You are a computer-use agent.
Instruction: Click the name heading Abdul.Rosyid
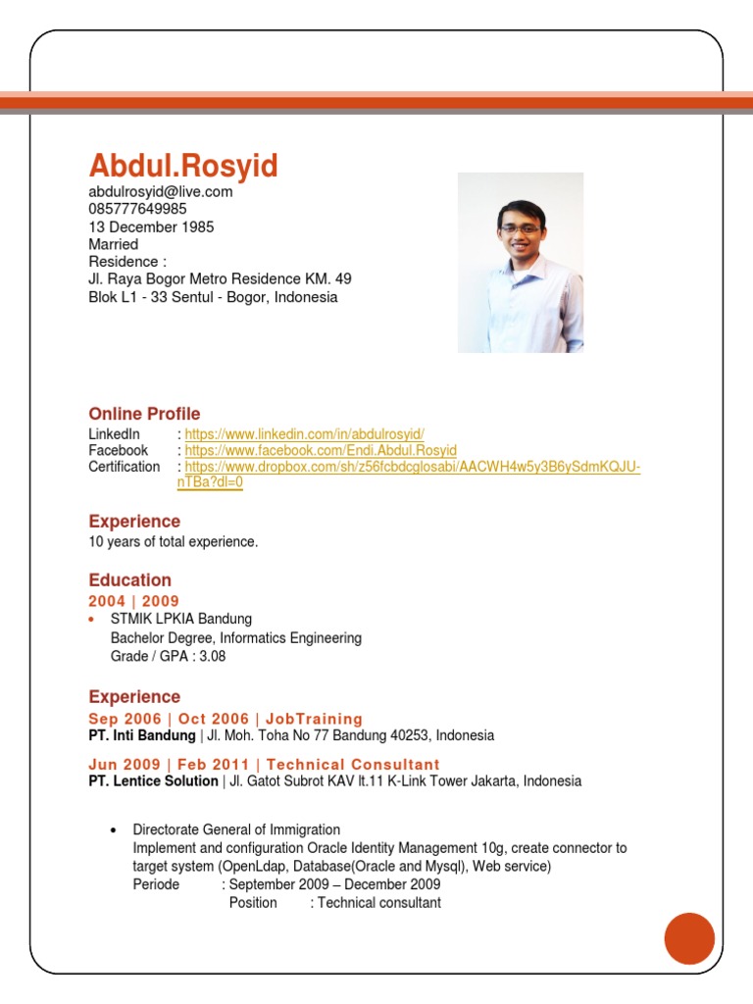183,166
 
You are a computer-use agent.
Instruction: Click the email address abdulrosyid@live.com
161,192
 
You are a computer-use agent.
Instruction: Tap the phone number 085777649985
137,210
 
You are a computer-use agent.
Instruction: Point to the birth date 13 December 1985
151,227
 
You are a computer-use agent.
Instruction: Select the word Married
114,245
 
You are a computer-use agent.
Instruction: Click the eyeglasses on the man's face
519,226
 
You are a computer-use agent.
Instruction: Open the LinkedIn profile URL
304,434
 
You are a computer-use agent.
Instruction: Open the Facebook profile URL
321,451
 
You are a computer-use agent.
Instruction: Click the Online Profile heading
144,414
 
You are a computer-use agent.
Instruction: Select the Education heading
129,580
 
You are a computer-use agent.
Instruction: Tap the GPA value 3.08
213,657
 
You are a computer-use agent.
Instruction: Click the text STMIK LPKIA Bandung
181,620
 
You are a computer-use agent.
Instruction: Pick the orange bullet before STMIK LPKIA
92,621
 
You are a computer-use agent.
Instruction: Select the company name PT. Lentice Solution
153,781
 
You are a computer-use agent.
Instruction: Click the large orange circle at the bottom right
689,938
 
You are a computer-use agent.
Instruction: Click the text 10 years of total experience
174,542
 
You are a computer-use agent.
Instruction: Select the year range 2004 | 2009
133,601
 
